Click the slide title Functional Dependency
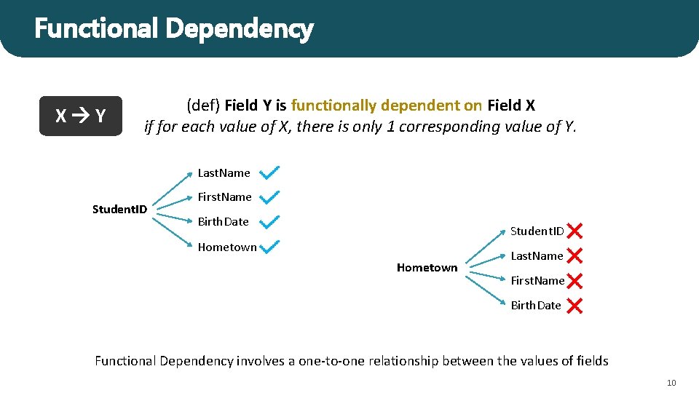(173, 29)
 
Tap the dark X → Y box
(81, 116)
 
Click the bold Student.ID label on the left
(119, 210)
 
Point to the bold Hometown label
(427, 268)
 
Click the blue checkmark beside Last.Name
(269, 172)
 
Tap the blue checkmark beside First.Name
(269, 196)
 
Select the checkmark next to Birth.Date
(269, 221)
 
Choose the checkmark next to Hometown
(269, 247)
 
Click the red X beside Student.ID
(574, 231)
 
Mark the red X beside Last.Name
(574, 256)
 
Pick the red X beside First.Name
(574, 281)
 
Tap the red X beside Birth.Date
(574, 306)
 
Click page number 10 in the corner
(671, 383)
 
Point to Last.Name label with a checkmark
(224, 173)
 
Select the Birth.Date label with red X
(536, 306)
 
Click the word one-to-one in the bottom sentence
(335, 361)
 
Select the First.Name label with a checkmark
(224, 197)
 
